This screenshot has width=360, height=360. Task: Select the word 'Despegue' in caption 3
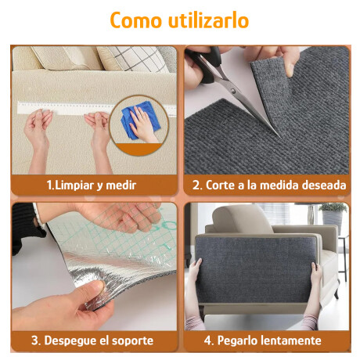[71, 340]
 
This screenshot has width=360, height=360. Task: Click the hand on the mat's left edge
[195, 274]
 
